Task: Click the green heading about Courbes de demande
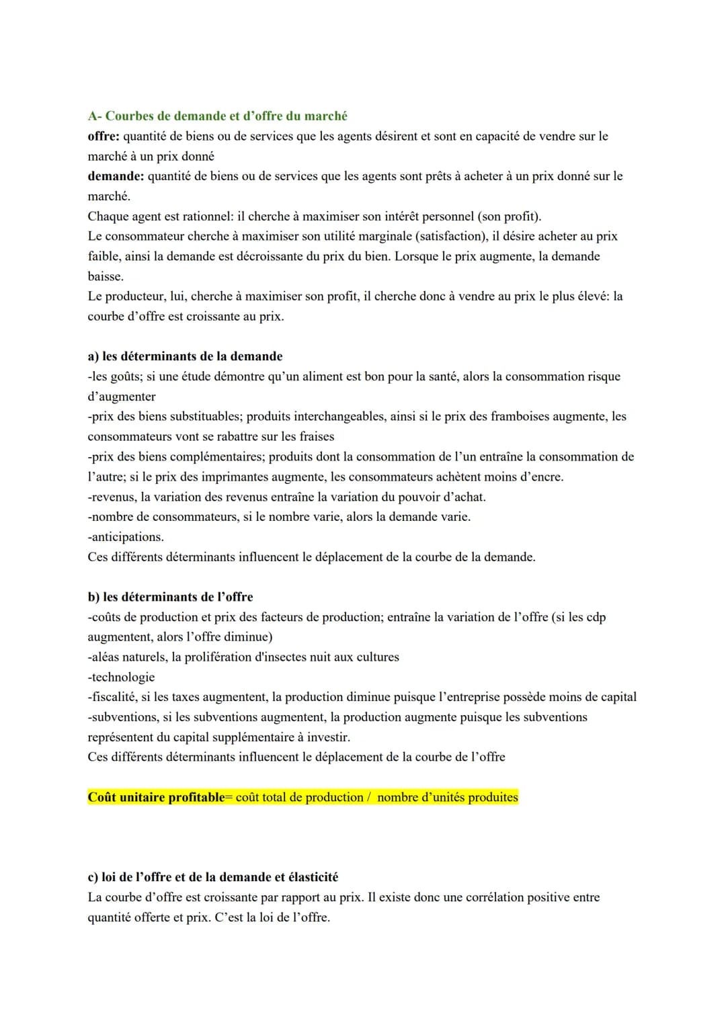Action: [x=217, y=116]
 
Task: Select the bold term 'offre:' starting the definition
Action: [x=104, y=136]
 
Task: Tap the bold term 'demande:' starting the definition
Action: [x=116, y=176]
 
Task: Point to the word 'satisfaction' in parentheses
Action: [x=450, y=236]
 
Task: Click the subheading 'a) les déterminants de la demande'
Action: [x=185, y=356]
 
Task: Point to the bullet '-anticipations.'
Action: [x=126, y=536]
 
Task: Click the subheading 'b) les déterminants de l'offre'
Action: [x=170, y=597]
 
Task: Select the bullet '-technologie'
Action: [x=121, y=677]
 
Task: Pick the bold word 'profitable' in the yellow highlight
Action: [x=192, y=797]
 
